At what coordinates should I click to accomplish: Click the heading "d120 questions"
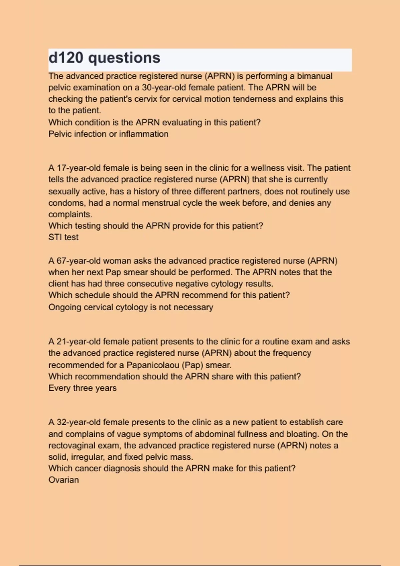(x=104, y=58)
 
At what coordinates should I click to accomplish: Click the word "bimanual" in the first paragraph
(x=315, y=76)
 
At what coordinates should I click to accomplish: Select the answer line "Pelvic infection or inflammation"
(x=108, y=134)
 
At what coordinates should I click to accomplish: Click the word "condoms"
(x=66, y=203)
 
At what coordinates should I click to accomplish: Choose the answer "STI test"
(x=63, y=237)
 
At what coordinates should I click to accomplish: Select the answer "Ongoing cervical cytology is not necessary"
(x=131, y=307)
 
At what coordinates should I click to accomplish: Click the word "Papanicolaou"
(x=153, y=365)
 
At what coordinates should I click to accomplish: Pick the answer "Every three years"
(x=82, y=388)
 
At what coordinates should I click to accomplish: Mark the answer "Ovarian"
(x=64, y=480)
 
